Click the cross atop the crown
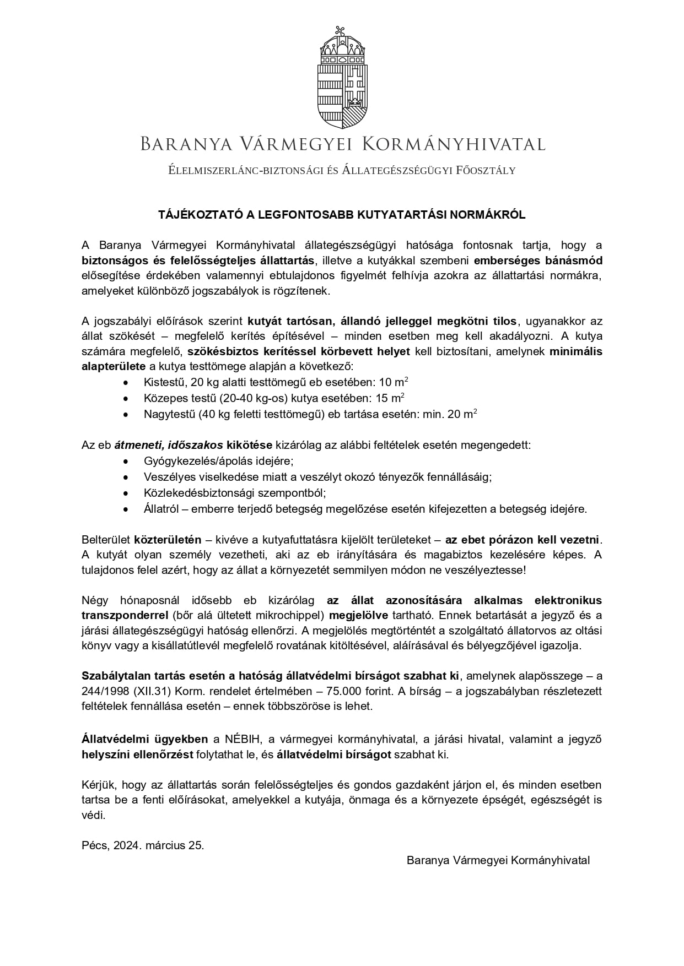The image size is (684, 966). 342,31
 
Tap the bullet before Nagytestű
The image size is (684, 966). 127,414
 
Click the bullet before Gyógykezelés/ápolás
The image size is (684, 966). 127,461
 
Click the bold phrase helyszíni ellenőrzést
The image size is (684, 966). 137,755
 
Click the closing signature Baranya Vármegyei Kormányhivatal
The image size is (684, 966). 498,860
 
